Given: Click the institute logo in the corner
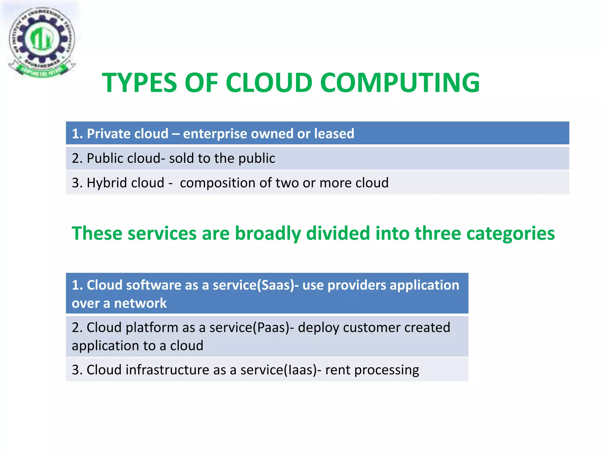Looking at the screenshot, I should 42,41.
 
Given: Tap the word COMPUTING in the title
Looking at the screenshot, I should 400,83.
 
